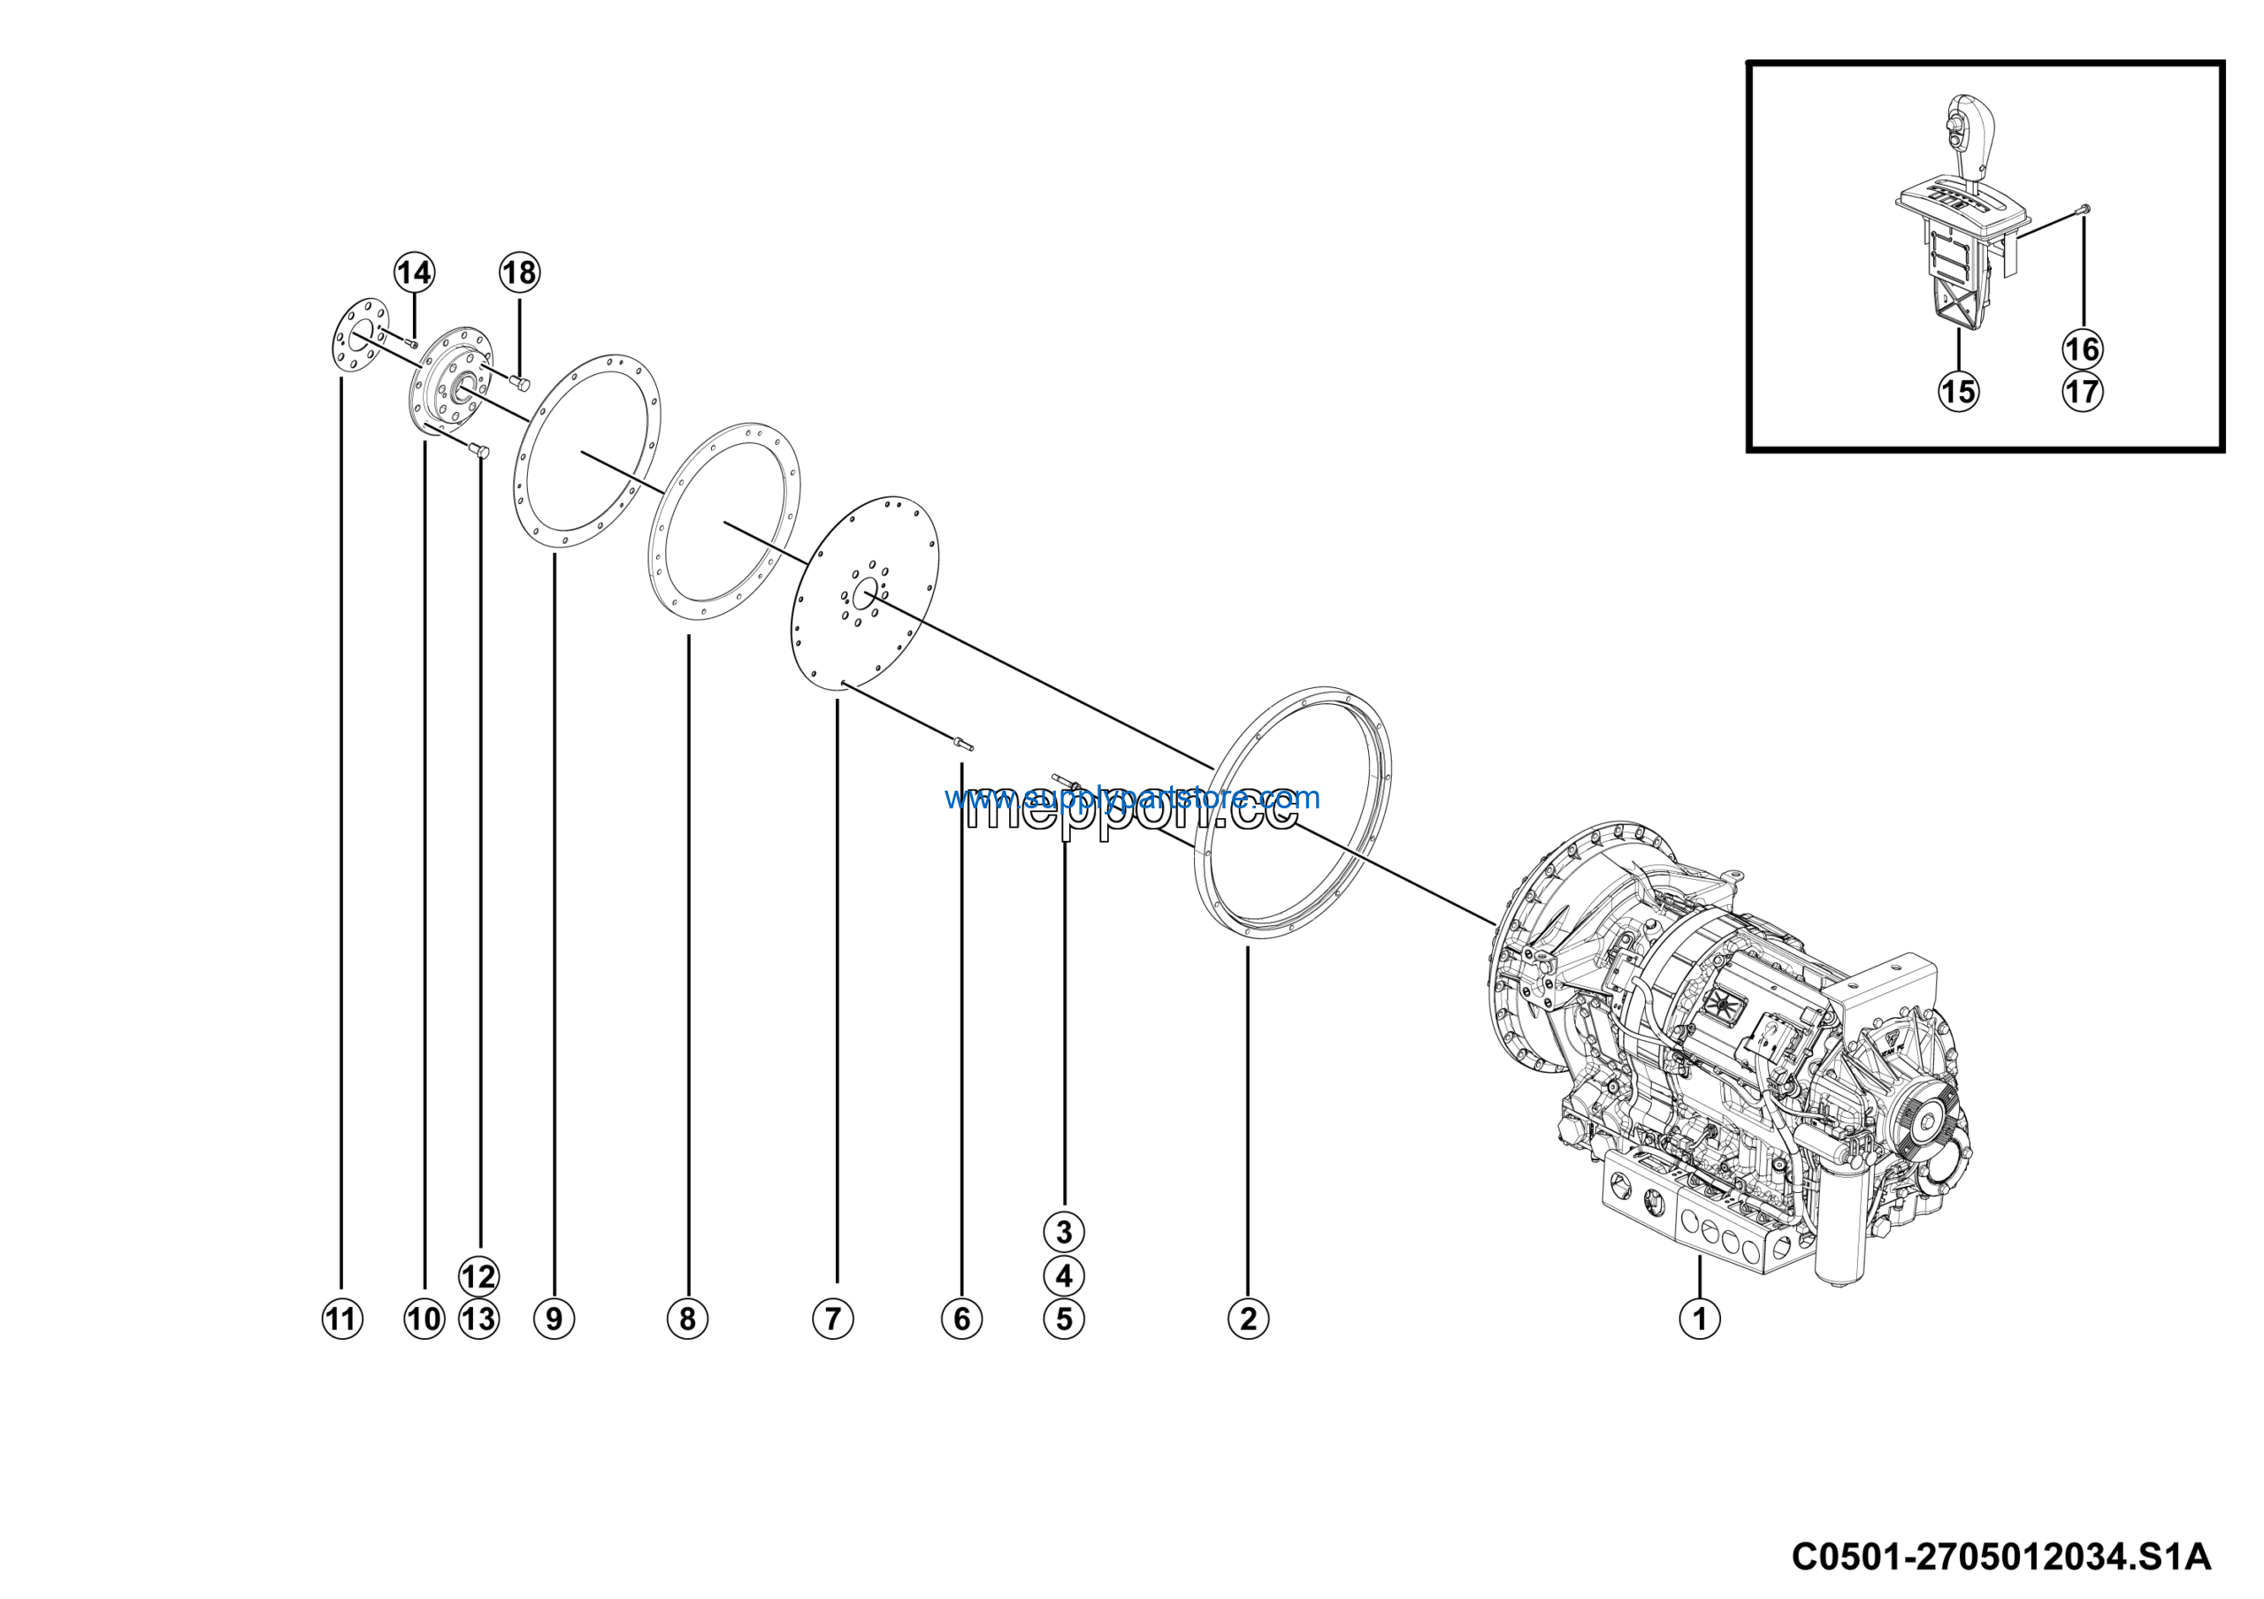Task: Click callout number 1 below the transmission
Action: [x=1699, y=1318]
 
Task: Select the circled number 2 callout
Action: [x=1249, y=1318]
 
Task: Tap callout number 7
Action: [x=832, y=1318]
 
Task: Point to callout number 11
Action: [x=341, y=1318]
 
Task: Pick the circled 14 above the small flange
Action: [x=414, y=272]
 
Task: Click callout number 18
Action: [x=520, y=272]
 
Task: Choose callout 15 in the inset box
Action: [x=1958, y=392]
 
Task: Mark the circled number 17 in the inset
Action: [x=2082, y=392]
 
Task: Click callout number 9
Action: [x=554, y=1318]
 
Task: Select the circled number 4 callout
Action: [x=1063, y=1275]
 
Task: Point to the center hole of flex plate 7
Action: [x=865, y=593]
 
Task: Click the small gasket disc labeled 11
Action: [x=360, y=337]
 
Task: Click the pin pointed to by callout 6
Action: [x=961, y=743]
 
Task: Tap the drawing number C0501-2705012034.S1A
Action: [x=2000, y=1557]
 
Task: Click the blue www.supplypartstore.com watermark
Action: [x=1131, y=797]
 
